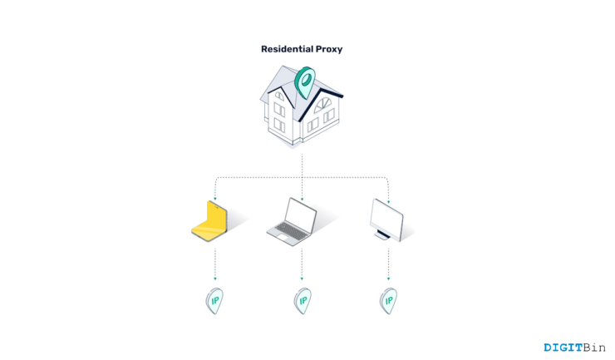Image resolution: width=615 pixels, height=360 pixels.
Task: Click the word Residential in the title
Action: pos(288,49)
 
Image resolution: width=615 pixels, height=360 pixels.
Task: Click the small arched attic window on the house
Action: pos(279,96)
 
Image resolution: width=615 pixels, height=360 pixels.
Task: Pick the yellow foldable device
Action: pos(212,220)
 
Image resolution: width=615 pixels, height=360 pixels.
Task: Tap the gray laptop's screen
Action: pos(302,215)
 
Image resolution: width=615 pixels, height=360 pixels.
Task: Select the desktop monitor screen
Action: pos(388,216)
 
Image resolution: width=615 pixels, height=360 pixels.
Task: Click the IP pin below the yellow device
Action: pos(214,300)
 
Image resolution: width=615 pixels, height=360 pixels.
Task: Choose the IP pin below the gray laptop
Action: pos(302,300)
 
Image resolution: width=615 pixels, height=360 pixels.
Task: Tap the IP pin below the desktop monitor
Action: pos(388,300)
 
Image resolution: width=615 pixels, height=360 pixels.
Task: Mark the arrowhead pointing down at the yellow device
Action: pos(215,198)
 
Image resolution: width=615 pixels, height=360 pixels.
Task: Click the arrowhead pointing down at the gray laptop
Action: pos(302,198)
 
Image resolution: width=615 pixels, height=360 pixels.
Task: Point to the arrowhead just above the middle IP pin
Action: pos(302,278)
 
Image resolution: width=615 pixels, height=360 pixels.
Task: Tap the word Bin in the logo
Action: pos(595,348)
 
